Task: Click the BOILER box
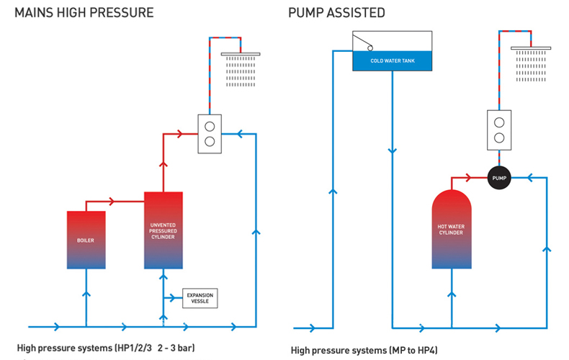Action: [86, 240]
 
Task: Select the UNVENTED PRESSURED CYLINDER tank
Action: [163, 230]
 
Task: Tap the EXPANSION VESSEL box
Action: [200, 297]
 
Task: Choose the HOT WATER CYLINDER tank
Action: [452, 231]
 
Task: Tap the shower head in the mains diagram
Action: [241, 60]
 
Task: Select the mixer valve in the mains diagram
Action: [210, 133]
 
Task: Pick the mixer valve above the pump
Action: [498, 129]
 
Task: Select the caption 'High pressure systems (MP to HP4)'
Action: [364, 350]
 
